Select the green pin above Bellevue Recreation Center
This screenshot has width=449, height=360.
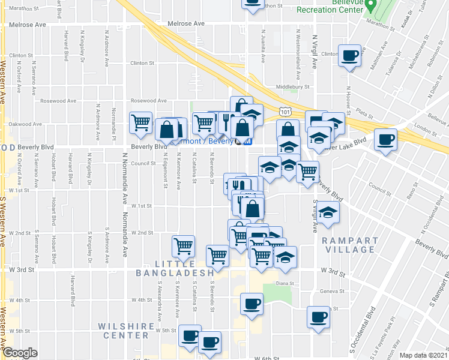[372, 7]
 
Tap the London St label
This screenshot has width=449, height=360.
[424, 128]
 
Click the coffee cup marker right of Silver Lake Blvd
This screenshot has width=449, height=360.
[385, 140]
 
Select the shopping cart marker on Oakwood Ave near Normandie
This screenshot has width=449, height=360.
[140, 122]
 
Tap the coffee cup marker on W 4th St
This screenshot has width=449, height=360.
[252, 304]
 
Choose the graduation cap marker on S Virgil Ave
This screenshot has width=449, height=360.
[328, 213]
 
